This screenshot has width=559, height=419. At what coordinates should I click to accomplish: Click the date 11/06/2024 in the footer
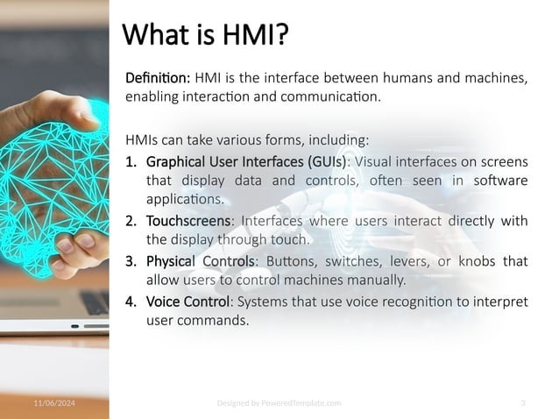pyautogui.click(x=54, y=402)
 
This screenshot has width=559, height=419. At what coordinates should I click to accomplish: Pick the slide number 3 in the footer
pyautogui.click(x=522, y=402)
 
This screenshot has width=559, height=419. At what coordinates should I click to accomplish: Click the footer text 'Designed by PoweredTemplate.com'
pyautogui.click(x=279, y=402)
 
